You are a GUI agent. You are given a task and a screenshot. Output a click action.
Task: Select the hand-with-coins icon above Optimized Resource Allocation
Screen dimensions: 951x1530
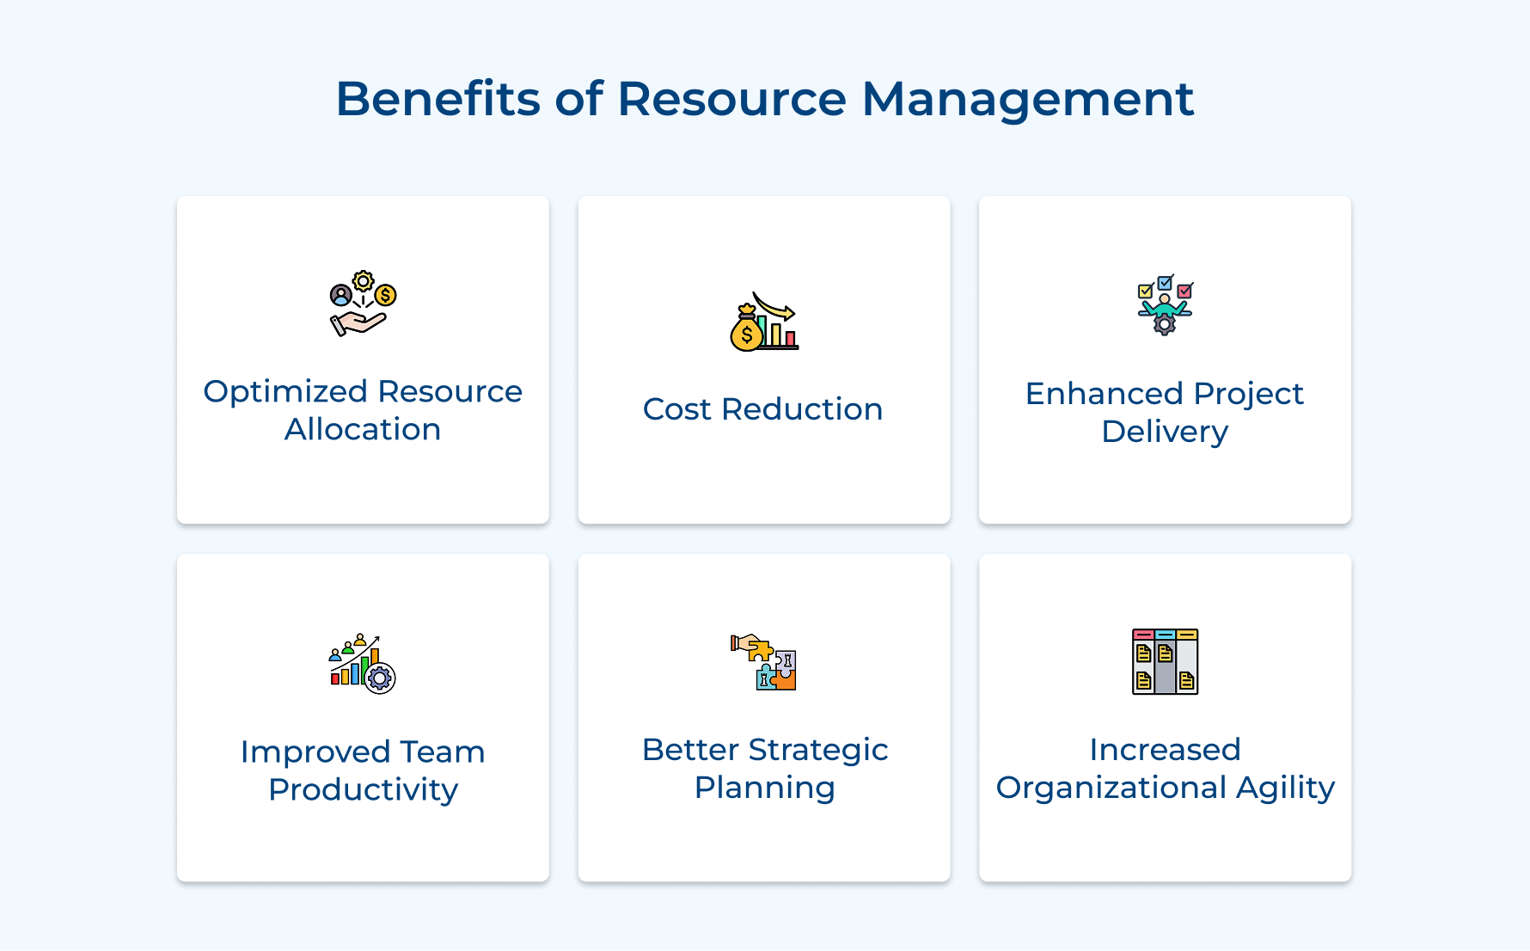[363, 304]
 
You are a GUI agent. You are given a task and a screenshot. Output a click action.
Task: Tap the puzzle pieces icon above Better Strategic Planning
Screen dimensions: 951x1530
[763, 662]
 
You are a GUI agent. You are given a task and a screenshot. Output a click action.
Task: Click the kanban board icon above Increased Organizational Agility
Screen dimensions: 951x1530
[1165, 661]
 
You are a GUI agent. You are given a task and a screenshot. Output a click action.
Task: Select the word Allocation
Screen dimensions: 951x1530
[363, 429]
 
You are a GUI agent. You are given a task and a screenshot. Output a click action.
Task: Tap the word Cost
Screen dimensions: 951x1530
[676, 409]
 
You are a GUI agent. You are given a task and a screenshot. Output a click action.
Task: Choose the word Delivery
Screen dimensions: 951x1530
[1165, 432]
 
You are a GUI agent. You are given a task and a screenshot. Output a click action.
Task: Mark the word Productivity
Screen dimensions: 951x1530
[363, 790]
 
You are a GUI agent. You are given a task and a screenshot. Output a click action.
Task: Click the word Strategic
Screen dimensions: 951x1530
[817, 751]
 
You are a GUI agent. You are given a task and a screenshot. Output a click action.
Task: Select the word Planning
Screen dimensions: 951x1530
[764, 788]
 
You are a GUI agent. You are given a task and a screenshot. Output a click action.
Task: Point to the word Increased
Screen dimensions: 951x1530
[1165, 750]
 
